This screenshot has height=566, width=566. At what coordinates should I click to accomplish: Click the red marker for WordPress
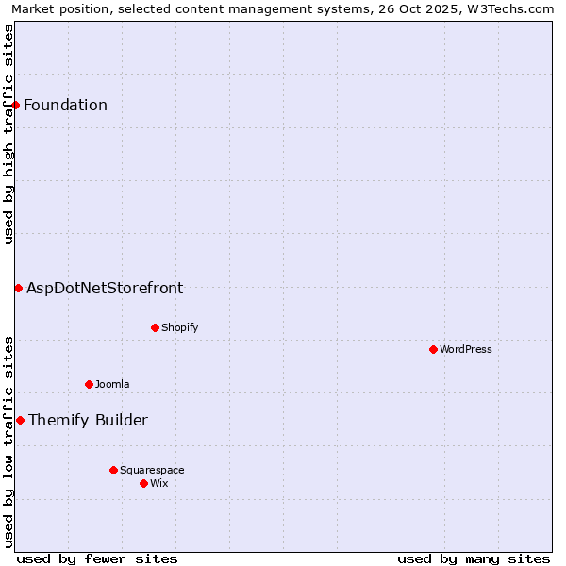(433, 349)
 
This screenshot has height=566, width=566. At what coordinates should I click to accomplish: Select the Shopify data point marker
(155, 327)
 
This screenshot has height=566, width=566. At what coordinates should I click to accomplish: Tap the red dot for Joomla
(89, 384)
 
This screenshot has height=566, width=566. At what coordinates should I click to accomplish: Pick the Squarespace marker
(113, 470)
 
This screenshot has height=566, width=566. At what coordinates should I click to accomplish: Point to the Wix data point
(143, 483)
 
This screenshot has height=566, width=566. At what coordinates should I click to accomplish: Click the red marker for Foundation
(16, 105)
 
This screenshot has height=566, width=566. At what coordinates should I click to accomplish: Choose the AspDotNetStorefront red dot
(18, 288)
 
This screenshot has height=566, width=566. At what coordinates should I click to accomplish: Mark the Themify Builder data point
(20, 420)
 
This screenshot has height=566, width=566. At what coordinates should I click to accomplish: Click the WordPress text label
(466, 349)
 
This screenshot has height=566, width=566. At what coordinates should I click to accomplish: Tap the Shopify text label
(179, 327)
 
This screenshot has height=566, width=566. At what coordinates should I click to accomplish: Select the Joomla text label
(112, 384)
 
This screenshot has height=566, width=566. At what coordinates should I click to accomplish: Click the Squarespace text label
(152, 470)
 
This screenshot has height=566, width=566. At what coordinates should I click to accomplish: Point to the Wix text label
(159, 483)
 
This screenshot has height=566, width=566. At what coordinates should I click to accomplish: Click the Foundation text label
(66, 105)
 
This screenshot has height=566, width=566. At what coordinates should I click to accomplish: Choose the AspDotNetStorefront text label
(105, 288)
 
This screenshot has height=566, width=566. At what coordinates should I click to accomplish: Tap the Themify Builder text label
(88, 420)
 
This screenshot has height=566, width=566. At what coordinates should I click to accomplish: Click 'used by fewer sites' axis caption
(97, 558)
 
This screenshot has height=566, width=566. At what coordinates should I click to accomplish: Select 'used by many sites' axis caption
(474, 558)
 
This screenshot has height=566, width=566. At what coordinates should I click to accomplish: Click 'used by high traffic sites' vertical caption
(8, 134)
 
